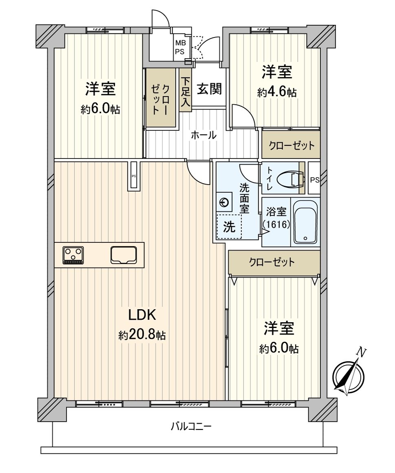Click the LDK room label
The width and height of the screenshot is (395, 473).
click(142, 315)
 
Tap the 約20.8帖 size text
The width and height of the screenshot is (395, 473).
click(142, 335)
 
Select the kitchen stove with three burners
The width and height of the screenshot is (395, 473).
click(73, 255)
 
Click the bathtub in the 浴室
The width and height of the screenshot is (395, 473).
click(305, 222)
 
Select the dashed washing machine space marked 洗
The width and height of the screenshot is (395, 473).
click(229, 226)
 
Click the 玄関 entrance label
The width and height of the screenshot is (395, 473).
click(209, 89)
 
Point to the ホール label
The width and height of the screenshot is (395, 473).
click(204, 135)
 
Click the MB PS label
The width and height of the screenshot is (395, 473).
click(180, 47)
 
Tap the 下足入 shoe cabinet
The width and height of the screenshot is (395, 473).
click(185, 90)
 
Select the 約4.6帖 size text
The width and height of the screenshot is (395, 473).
click(277, 92)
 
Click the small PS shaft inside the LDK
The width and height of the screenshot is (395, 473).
click(134, 176)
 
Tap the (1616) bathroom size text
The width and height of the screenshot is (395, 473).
click(276, 224)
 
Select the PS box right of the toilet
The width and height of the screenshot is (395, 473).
click(314, 178)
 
